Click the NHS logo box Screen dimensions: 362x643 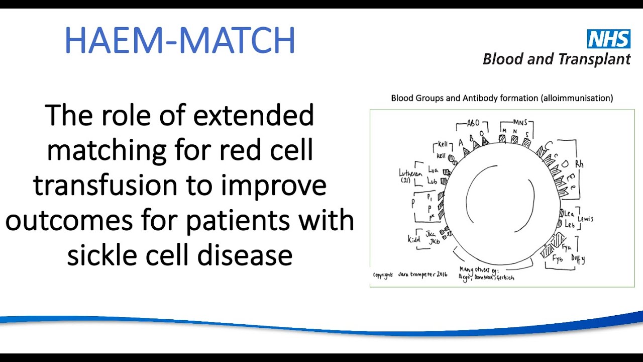pyautogui.click(x=609, y=39)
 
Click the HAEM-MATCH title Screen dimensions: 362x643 pyautogui.click(x=179, y=41)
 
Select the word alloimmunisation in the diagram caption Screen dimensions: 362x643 pyautogui.click(x=577, y=98)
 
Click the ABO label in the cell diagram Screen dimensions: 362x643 pyautogui.click(x=473, y=123)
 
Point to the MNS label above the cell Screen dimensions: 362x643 pyautogui.click(x=520, y=122)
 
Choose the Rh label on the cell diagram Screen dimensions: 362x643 pyautogui.click(x=579, y=164)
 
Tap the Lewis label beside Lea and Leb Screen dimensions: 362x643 pyautogui.click(x=585, y=219)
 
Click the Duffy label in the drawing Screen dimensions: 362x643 pyautogui.click(x=578, y=259)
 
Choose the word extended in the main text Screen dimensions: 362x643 pyautogui.click(x=253, y=115)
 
